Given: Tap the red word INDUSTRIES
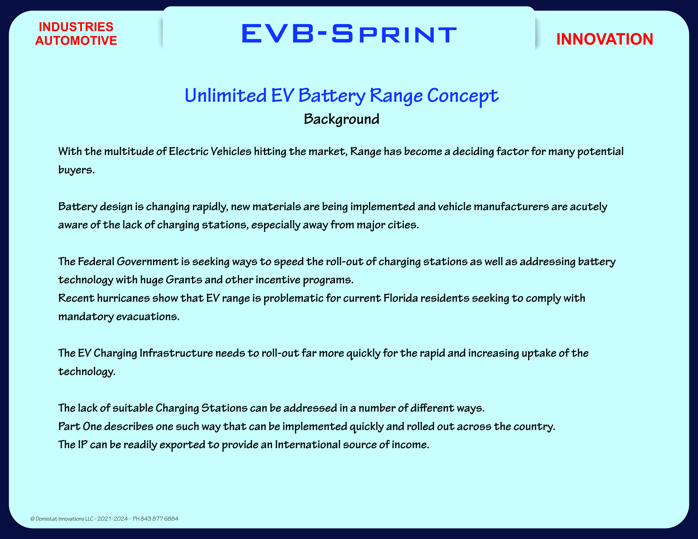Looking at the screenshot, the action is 76,27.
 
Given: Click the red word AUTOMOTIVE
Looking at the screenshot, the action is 76,41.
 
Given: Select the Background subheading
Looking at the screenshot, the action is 341,119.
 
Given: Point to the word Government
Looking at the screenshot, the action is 147,261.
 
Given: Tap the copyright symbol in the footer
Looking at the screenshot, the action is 32,519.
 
